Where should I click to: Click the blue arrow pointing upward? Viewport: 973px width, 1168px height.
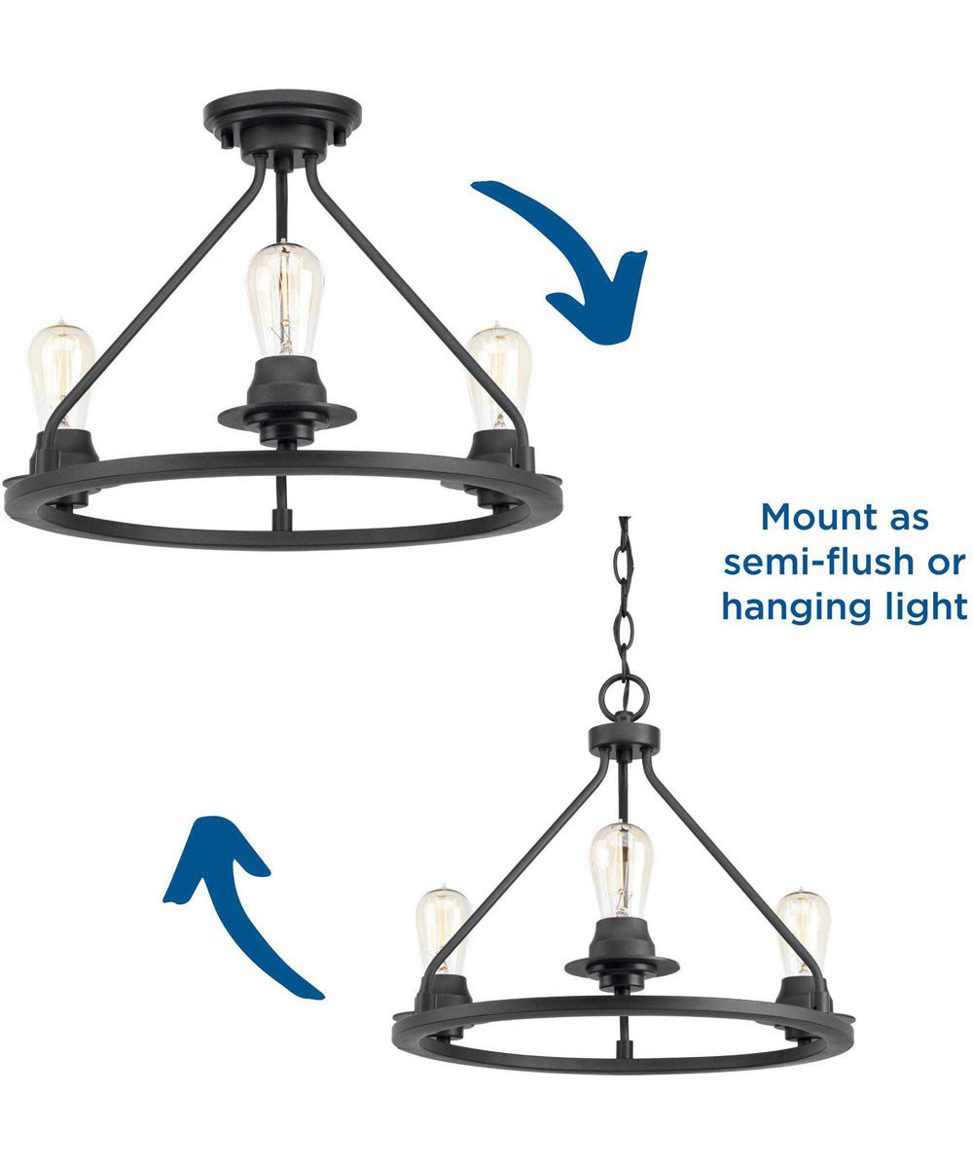click(243, 905)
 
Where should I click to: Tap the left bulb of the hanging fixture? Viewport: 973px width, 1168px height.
click(443, 930)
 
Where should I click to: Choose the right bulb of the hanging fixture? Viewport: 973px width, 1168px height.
click(804, 930)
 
